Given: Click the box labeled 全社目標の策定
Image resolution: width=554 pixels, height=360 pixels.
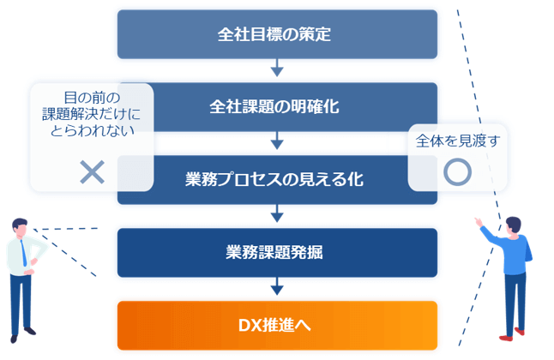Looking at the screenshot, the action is click(277, 34).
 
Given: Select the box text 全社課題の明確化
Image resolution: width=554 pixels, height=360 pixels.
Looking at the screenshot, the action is click(274, 106).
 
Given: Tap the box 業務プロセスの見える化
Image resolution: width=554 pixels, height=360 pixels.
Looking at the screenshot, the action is click(277, 180).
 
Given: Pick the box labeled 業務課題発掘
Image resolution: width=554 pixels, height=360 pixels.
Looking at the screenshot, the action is click(277, 253).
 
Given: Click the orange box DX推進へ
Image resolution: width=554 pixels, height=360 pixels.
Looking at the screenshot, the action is click(277, 326).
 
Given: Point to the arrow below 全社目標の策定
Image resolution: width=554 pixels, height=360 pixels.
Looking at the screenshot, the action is click(277, 68).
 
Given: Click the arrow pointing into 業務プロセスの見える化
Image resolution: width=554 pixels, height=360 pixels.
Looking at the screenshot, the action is click(277, 141).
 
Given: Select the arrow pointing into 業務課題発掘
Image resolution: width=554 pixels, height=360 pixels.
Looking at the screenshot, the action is click(277, 213).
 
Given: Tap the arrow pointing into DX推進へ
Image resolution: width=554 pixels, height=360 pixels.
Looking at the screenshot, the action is click(277, 286).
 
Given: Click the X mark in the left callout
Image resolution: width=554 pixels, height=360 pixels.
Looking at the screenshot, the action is click(93, 172).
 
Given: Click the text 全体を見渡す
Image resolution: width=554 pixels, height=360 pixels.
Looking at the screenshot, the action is click(458, 141).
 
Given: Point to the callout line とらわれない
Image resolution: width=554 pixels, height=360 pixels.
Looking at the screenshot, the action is click(93, 131).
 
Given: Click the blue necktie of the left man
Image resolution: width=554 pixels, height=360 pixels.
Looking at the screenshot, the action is click(23, 253).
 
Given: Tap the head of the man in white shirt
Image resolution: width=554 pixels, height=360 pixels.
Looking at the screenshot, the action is click(20, 227).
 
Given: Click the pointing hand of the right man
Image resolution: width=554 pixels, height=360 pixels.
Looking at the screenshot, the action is click(479, 222).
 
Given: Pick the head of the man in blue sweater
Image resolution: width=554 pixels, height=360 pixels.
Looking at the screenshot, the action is click(513, 225).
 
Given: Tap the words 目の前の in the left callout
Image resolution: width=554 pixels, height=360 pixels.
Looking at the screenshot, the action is click(93, 98).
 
